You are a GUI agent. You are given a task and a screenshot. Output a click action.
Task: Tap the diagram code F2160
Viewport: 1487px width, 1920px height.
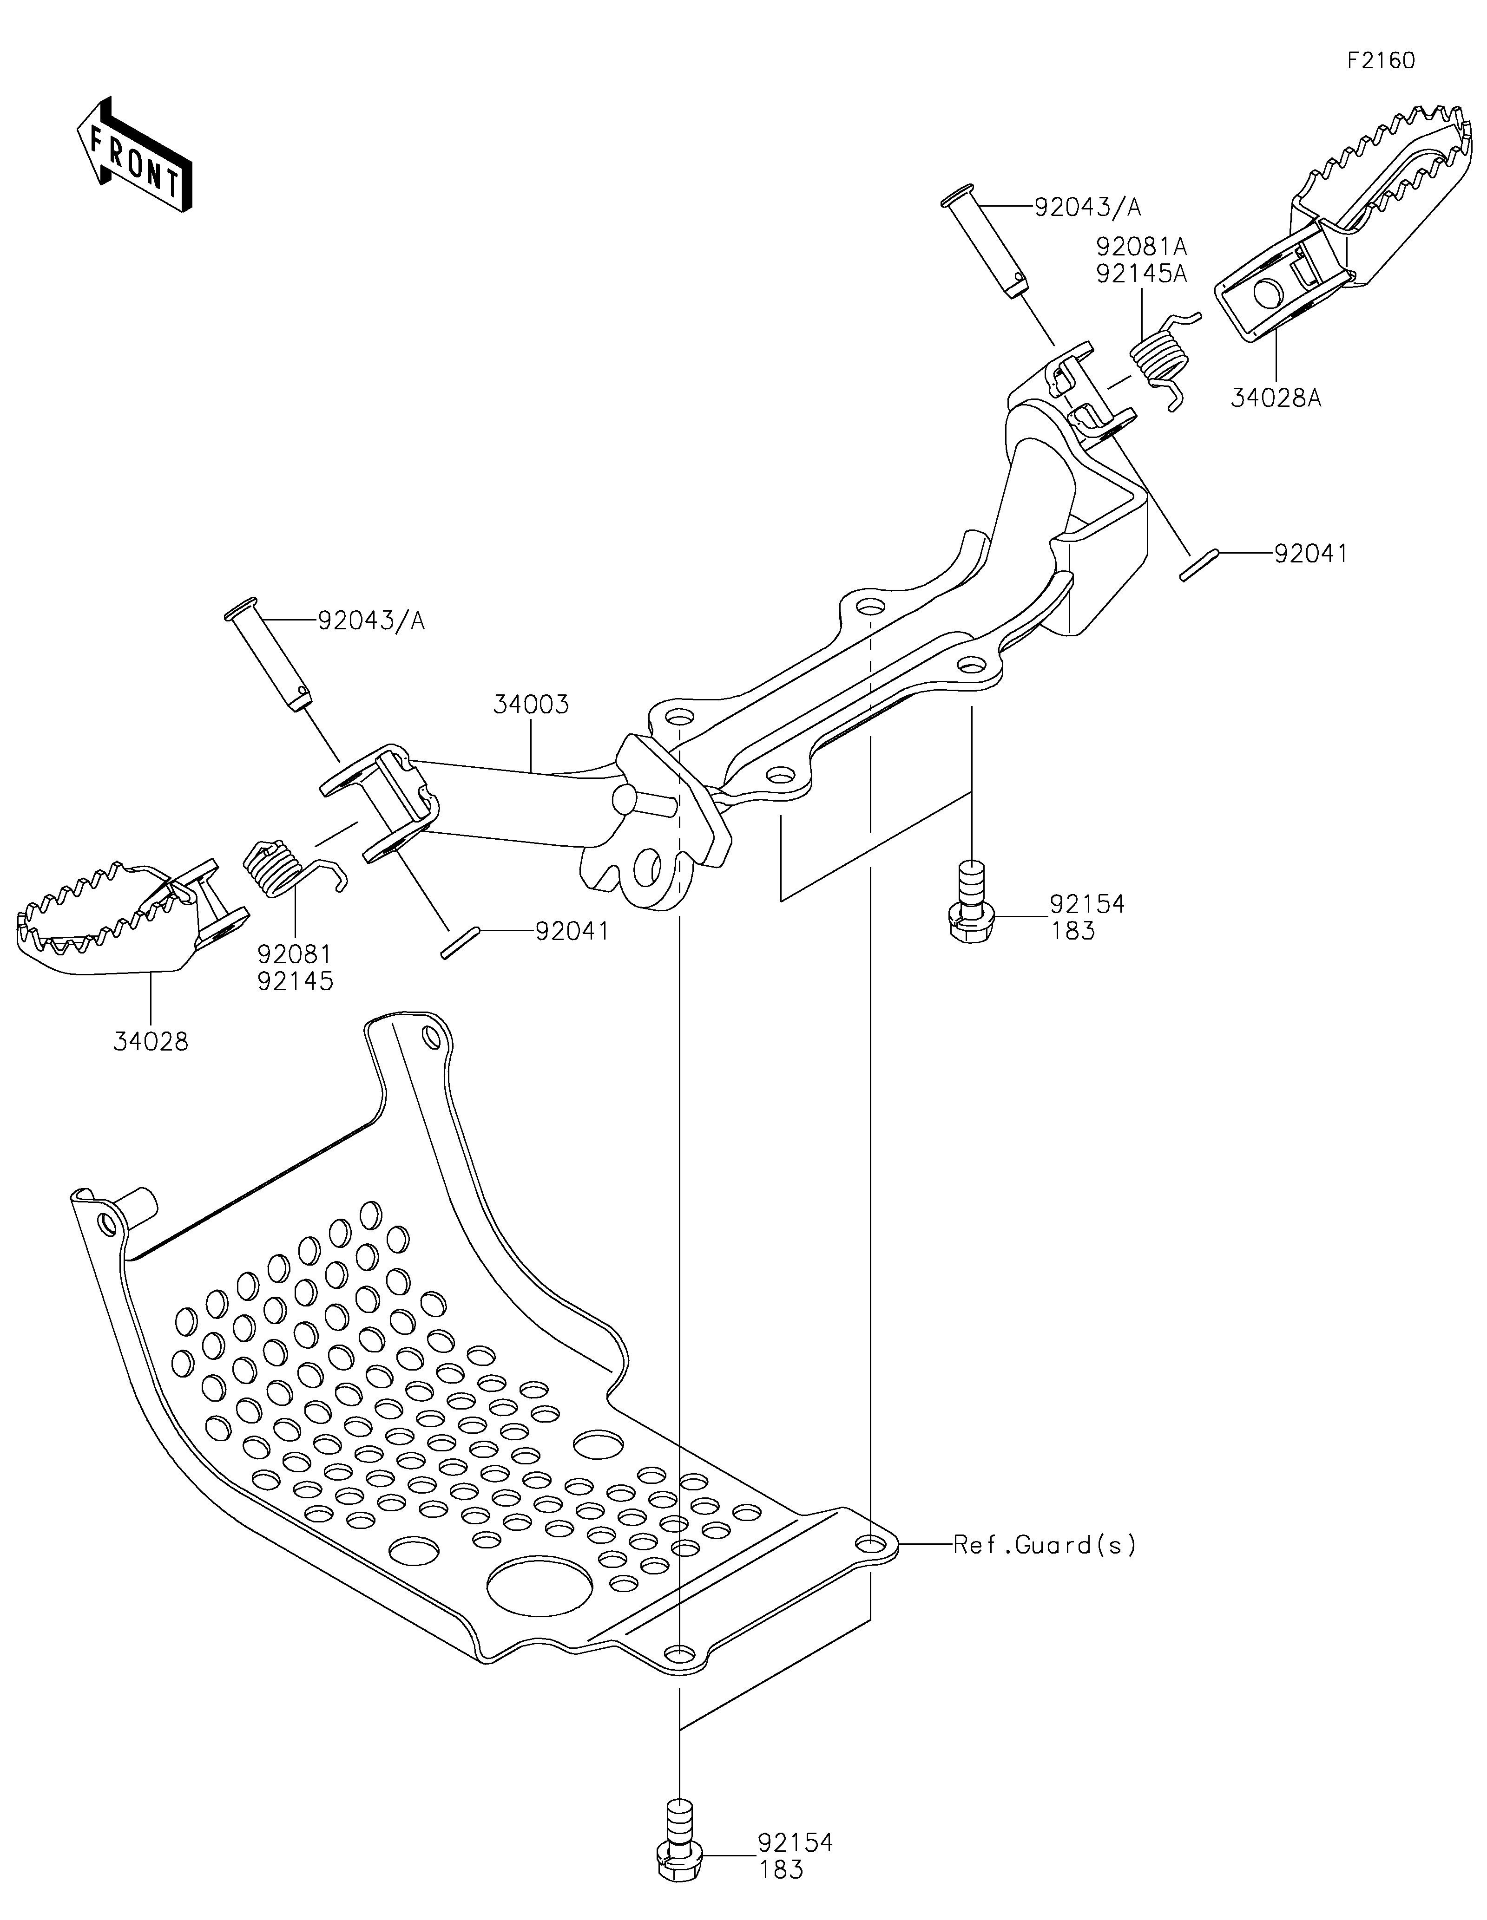pos(1381,61)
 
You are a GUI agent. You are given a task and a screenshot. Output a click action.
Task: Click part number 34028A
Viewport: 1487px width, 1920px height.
pos(1276,398)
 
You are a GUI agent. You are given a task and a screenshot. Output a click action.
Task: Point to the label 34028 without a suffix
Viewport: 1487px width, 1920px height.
pos(151,1042)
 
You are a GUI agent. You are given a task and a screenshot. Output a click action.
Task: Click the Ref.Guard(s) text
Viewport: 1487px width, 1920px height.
pos(1045,1545)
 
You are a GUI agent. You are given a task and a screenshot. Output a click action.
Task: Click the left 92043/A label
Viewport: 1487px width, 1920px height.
pos(371,620)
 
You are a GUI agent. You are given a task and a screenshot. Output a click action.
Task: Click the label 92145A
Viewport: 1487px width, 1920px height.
pos(1141,274)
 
